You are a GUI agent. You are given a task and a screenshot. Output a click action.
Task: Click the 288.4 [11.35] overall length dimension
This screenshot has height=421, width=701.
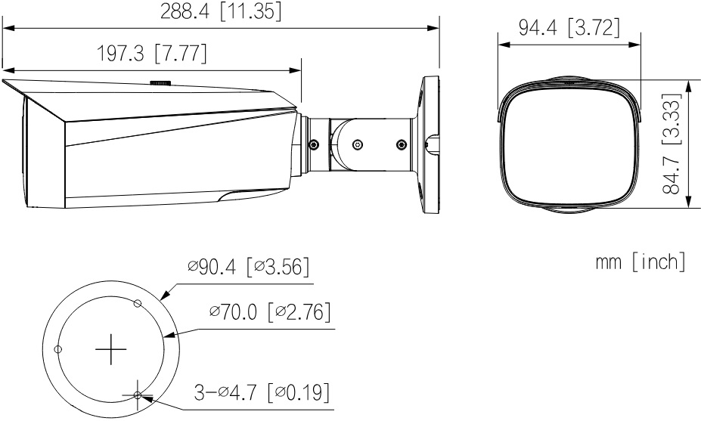point(221,12)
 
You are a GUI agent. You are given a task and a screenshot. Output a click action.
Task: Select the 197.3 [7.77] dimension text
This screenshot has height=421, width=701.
point(152,54)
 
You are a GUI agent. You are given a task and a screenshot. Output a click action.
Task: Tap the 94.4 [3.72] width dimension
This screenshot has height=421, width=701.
point(569,28)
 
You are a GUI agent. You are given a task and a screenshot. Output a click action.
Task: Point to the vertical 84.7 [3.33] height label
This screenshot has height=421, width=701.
point(671,144)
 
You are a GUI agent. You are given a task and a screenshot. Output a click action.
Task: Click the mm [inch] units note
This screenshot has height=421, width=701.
point(641,261)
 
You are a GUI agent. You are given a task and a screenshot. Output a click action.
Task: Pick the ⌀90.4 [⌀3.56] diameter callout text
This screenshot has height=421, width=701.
point(249,267)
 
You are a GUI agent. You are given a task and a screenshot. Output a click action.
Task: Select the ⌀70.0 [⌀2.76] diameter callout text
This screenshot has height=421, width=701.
point(271,311)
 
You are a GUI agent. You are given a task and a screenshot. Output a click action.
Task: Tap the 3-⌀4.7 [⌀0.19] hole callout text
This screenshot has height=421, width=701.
point(262,392)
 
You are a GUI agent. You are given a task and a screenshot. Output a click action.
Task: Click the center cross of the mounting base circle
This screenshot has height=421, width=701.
point(111,349)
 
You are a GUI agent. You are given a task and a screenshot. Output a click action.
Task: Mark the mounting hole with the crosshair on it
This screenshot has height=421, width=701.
point(138,395)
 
